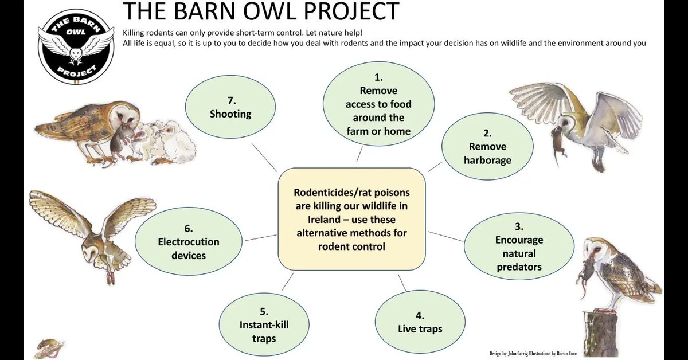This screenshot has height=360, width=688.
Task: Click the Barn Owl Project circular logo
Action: tap(76, 48)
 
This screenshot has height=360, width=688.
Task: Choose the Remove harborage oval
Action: tap(487, 147)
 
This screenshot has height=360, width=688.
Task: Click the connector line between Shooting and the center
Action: tap(263, 155)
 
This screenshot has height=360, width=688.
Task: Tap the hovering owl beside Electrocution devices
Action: tap(95, 232)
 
